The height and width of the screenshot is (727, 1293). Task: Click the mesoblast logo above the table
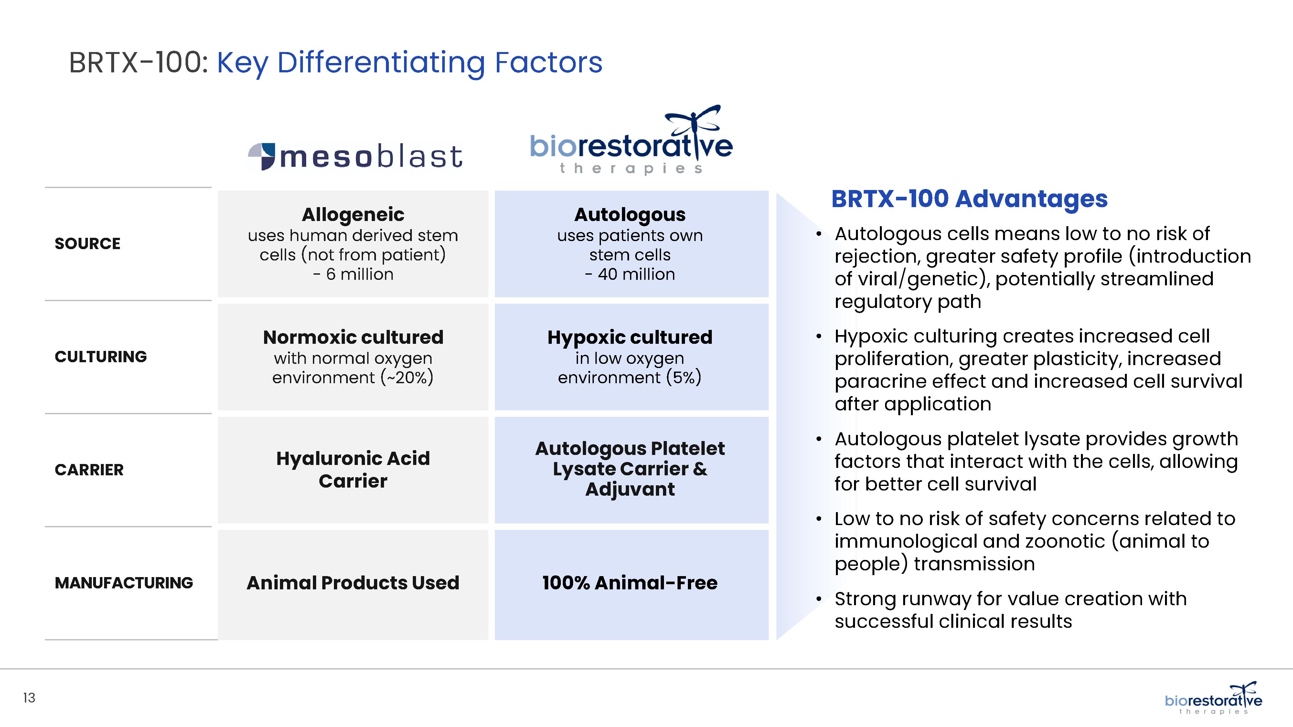pyautogui.click(x=355, y=156)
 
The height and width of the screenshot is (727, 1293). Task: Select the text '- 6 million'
pyautogui.click(x=353, y=274)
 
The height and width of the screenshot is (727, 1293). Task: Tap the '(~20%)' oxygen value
pyautogui.click(x=407, y=377)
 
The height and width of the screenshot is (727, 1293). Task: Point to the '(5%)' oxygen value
pyautogui.click(x=684, y=377)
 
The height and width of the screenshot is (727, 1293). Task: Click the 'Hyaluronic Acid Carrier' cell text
pyautogui.click(x=353, y=469)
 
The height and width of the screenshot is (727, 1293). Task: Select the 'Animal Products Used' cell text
pyautogui.click(x=353, y=583)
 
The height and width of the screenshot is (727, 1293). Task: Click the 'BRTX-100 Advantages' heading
pyautogui.click(x=969, y=199)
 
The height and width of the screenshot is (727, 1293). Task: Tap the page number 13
pyautogui.click(x=29, y=698)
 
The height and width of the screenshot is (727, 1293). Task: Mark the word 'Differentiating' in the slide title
pyautogui.click(x=381, y=64)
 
